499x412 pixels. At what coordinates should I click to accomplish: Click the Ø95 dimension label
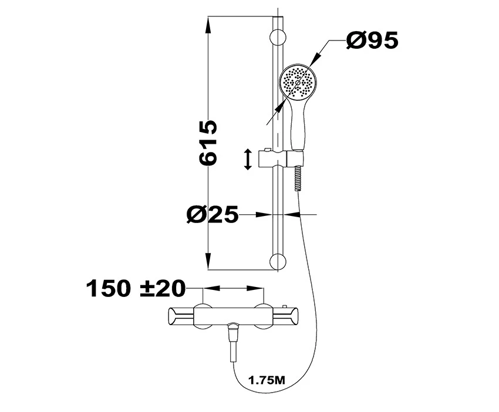pyautogui.click(x=372, y=40)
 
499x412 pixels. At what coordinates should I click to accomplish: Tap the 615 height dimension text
pyautogui.click(x=208, y=143)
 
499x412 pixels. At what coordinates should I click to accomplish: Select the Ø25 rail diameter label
pyautogui.click(x=213, y=214)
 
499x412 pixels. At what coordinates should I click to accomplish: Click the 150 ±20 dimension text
pyautogui.click(x=136, y=288)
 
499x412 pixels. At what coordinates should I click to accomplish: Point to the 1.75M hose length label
pyautogui.click(x=267, y=380)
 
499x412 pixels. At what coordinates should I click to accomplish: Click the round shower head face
pyautogui.click(x=297, y=82)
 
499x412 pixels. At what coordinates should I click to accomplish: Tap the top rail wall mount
pyautogui.click(x=278, y=38)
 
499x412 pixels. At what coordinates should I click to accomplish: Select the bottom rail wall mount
pyautogui.click(x=278, y=262)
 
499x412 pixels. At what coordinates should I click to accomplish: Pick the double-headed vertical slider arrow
pyautogui.click(x=248, y=159)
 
